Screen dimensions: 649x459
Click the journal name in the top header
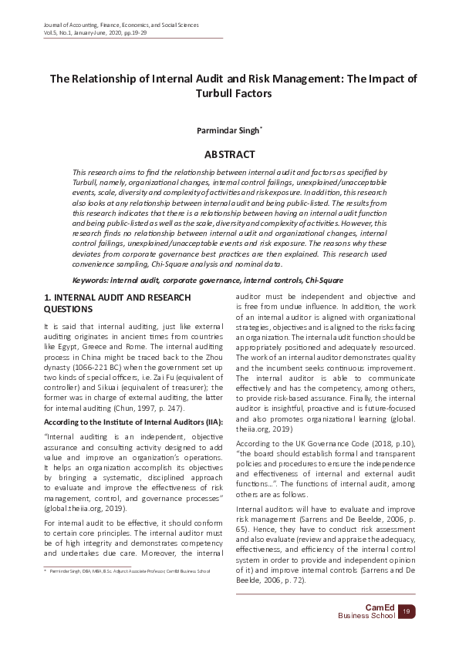click(x=121, y=25)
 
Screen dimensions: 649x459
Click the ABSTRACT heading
click(x=229, y=155)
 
